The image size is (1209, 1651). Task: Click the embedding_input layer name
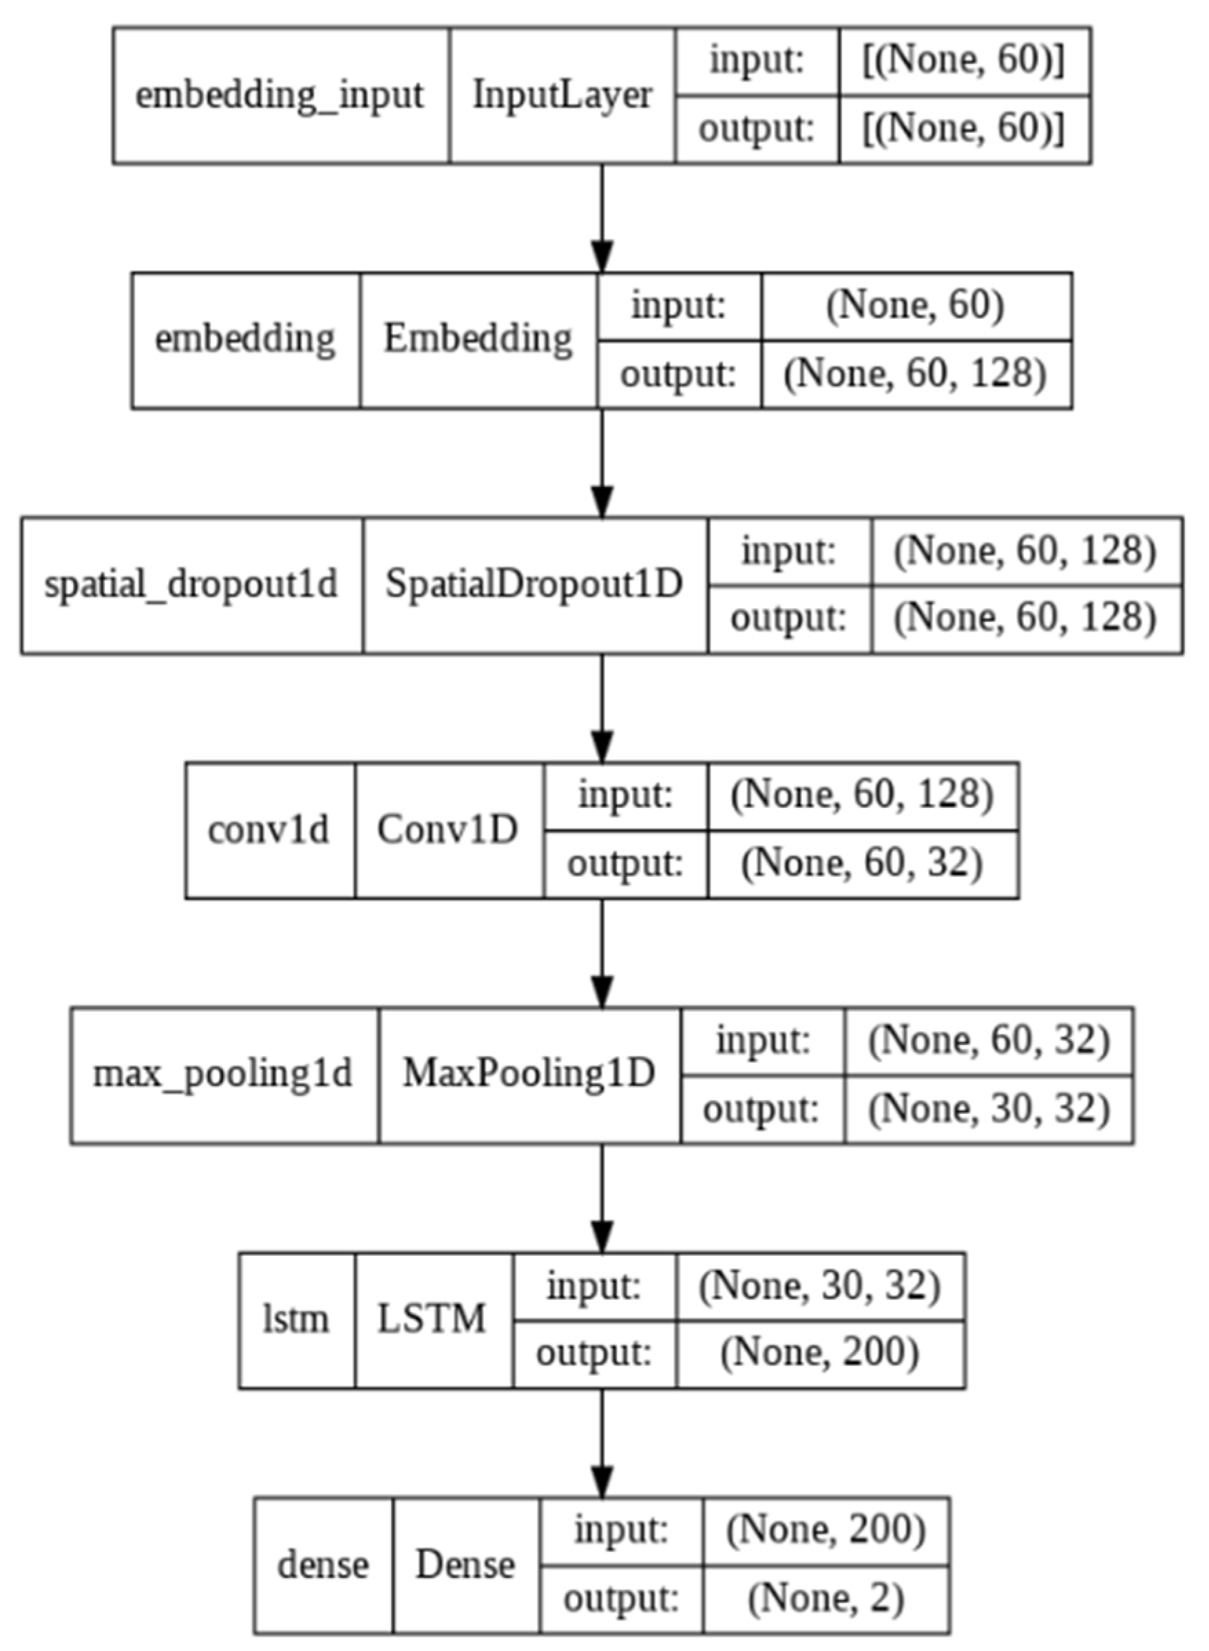point(280,95)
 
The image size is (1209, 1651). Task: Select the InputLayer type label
point(562,95)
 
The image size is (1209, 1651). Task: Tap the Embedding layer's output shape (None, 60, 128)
point(916,374)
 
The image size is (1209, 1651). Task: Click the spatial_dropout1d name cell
point(191,585)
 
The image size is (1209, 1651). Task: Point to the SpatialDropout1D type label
point(534,585)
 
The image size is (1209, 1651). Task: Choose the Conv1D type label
point(448,829)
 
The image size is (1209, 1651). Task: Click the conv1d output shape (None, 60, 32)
point(862,863)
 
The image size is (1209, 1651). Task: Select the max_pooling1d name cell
point(223,1074)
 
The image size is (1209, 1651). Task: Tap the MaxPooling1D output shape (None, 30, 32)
point(989,1108)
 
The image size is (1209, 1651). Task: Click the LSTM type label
point(432,1318)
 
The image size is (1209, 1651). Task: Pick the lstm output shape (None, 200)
point(820,1352)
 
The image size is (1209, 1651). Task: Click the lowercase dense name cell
point(323,1565)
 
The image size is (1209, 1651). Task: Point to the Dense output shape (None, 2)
point(826,1598)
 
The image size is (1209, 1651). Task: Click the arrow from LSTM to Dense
point(602,1442)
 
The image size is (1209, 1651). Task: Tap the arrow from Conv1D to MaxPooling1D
point(602,952)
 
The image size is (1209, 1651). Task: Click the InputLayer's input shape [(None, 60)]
point(964,61)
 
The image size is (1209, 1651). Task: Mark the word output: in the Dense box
point(621,1598)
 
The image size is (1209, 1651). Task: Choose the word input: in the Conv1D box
point(626,796)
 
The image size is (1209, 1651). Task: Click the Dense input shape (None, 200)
point(826,1530)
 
